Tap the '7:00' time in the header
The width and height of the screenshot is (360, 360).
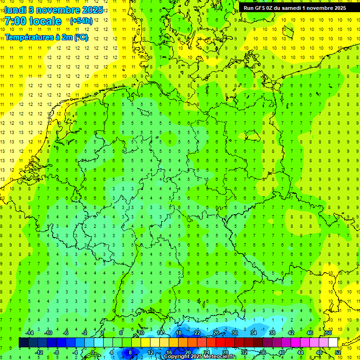click(16, 21)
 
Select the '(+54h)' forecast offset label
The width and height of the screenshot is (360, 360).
click(81, 21)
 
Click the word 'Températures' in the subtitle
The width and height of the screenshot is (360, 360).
click(25, 37)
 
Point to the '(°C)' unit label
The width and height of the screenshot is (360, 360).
click(80, 37)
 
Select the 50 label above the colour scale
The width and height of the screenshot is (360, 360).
click(329, 333)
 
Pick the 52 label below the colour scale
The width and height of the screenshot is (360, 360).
click(337, 352)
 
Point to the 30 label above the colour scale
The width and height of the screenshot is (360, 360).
click(234, 333)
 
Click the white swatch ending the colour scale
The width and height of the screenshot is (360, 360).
click(333, 343)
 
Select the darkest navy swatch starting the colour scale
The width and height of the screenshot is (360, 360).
click(23, 343)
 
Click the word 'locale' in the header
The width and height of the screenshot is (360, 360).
click(45, 21)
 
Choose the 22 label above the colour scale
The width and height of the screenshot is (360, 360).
click(197, 333)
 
